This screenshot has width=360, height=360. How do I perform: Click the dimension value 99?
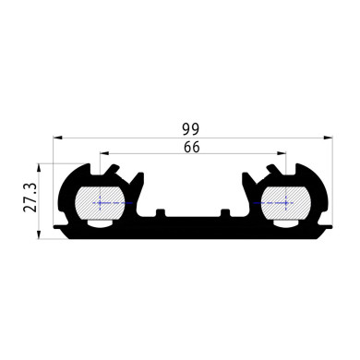pyautogui.click(x=191, y=129)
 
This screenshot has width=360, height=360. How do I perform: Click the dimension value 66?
pyautogui.click(x=192, y=147)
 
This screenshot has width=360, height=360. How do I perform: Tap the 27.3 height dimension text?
pyautogui.click(x=30, y=198)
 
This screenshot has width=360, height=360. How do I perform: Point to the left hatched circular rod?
pyautogui.click(x=100, y=203)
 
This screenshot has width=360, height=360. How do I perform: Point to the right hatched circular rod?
pyautogui.click(x=286, y=203)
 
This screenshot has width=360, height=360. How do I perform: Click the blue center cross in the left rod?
pyautogui.click(x=100, y=203)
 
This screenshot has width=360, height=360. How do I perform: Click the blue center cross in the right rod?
pyautogui.click(x=286, y=203)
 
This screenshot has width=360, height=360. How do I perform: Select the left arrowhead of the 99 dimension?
pyautogui.click(x=58, y=137)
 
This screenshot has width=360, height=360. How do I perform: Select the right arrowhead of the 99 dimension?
pyautogui.click(x=328, y=137)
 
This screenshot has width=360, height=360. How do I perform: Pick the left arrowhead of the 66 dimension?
pyautogui.click(x=104, y=153)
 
